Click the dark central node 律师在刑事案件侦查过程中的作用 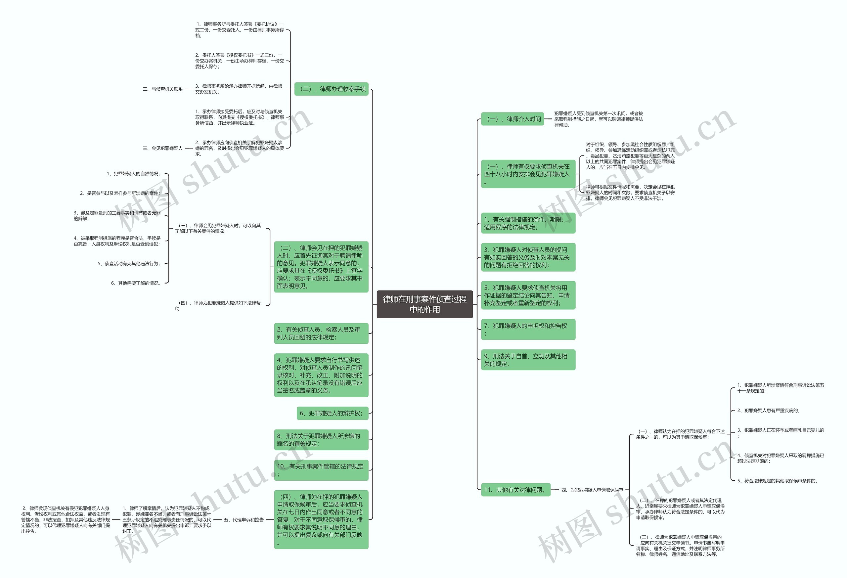424,304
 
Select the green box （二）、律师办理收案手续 331,89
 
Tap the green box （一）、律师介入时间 513,119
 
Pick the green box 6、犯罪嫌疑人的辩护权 333,413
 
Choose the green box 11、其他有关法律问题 515,490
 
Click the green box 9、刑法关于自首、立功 528,360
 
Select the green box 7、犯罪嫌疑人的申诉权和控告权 528,330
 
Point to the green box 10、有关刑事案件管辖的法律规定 321,470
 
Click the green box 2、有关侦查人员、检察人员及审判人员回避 321,333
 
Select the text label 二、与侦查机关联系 162,89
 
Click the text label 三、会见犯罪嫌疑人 162,148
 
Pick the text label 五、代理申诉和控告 244,520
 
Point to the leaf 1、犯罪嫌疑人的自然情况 133,174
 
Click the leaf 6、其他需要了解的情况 136,283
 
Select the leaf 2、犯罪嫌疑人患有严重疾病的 768,411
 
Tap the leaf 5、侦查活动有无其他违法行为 129,263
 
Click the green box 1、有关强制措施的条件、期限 528,223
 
